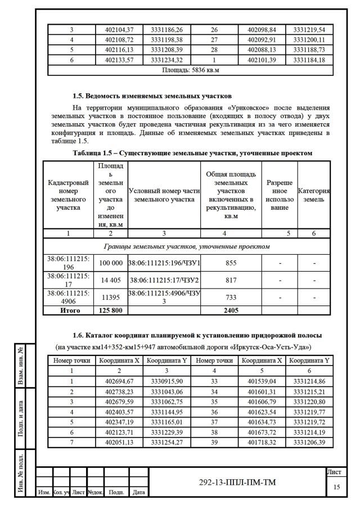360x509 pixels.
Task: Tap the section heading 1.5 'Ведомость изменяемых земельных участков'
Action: (152, 96)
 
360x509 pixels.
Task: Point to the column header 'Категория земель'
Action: (314, 196)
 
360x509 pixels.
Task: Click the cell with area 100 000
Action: (111, 263)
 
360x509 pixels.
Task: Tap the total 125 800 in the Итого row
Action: (111, 310)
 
